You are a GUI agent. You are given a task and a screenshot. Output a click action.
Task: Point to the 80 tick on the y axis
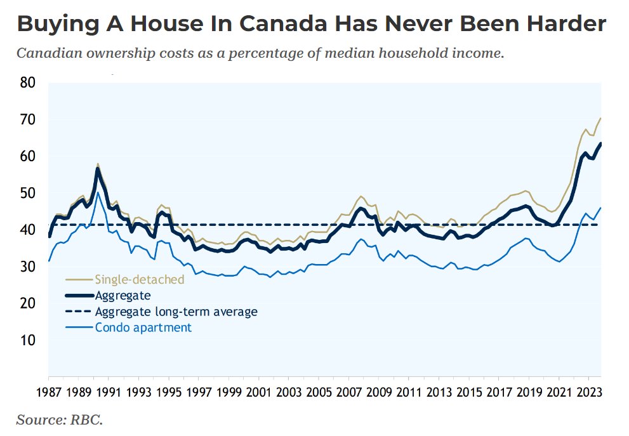(x=29, y=83)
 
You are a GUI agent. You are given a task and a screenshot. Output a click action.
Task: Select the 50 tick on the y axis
(x=29, y=193)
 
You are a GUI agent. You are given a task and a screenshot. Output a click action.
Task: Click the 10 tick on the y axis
(x=29, y=340)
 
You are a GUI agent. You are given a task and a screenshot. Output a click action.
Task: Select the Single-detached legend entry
(x=139, y=279)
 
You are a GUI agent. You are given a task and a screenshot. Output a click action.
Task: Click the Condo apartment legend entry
(x=143, y=327)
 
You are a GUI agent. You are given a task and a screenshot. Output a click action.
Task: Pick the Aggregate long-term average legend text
(x=176, y=312)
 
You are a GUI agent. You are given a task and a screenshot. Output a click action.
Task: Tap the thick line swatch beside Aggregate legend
(x=79, y=295)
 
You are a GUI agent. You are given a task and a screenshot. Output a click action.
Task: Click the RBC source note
(x=59, y=419)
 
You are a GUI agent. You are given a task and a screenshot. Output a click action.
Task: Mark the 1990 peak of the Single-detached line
(x=98, y=164)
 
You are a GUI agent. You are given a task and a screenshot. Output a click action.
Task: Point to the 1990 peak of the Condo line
(x=98, y=193)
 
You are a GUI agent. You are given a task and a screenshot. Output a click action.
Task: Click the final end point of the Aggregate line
(x=600, y=143)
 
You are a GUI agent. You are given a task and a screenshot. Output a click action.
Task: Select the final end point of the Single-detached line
(x=600, y=118)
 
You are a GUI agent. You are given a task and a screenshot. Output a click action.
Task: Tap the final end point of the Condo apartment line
(x=600, y=208)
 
